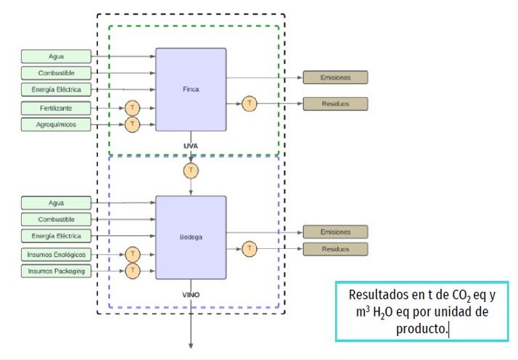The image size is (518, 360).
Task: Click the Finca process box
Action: [191, 89]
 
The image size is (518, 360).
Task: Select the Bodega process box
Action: [191, 237]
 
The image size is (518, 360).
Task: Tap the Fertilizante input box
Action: [57, 108]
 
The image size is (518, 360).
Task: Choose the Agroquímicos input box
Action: [57, 125]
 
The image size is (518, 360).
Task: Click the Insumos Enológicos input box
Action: [57, 254]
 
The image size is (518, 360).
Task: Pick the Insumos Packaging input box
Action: [57, 271]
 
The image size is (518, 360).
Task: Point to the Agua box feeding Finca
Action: [57, 56]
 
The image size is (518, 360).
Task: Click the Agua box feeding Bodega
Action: [57, 202]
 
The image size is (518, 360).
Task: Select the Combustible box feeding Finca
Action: [57, 73]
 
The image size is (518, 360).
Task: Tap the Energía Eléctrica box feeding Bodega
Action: [57, 236]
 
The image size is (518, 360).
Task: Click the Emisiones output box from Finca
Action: [335, 78]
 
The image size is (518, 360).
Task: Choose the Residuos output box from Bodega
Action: [335, 249]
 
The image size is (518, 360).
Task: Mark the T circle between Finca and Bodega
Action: [191, 171]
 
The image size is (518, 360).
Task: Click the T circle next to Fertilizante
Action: [132, 108]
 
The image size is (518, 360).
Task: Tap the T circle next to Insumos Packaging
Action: [132, 271]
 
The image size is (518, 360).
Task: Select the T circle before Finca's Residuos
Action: [250, 104]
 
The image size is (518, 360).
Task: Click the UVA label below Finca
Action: [191, 146]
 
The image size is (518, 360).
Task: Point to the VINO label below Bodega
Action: [191, 295]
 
